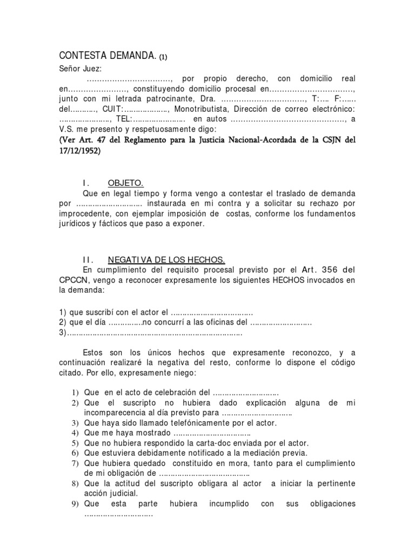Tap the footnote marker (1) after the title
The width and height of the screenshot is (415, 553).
(x=167, y=57)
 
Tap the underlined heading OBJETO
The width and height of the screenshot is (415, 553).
(x=125, y=184)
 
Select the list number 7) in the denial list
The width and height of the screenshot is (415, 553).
(x=76, y=463)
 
